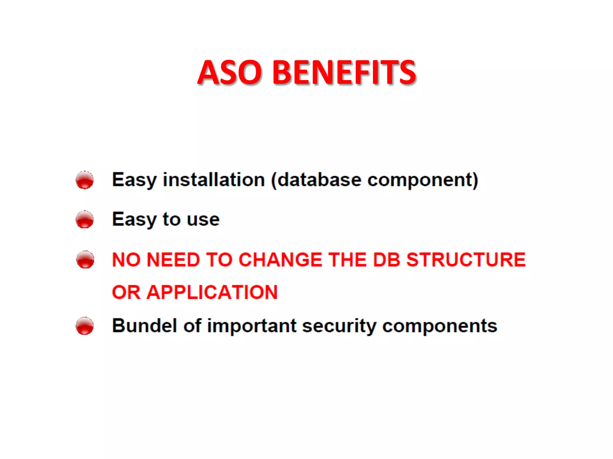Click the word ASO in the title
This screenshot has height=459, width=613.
[230, 72]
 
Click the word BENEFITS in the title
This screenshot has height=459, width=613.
[344, 72]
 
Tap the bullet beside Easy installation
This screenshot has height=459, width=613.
[85, 180]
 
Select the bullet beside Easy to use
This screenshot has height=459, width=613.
[85, 219]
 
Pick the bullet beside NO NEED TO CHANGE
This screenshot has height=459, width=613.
[85, 259]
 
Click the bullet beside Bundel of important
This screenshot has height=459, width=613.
[85, 326]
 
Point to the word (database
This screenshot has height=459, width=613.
[316, 180]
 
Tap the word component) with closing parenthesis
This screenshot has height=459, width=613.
[423, 180]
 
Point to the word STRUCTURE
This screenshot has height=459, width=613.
[466, 259]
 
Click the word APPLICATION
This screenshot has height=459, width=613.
[212, 292]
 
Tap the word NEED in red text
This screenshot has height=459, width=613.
[173, 259]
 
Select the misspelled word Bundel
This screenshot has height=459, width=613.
[144, 325]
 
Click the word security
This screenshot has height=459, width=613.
[339, 326]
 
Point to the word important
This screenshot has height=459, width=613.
[252, 326]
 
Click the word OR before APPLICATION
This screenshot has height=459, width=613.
[126, 292]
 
